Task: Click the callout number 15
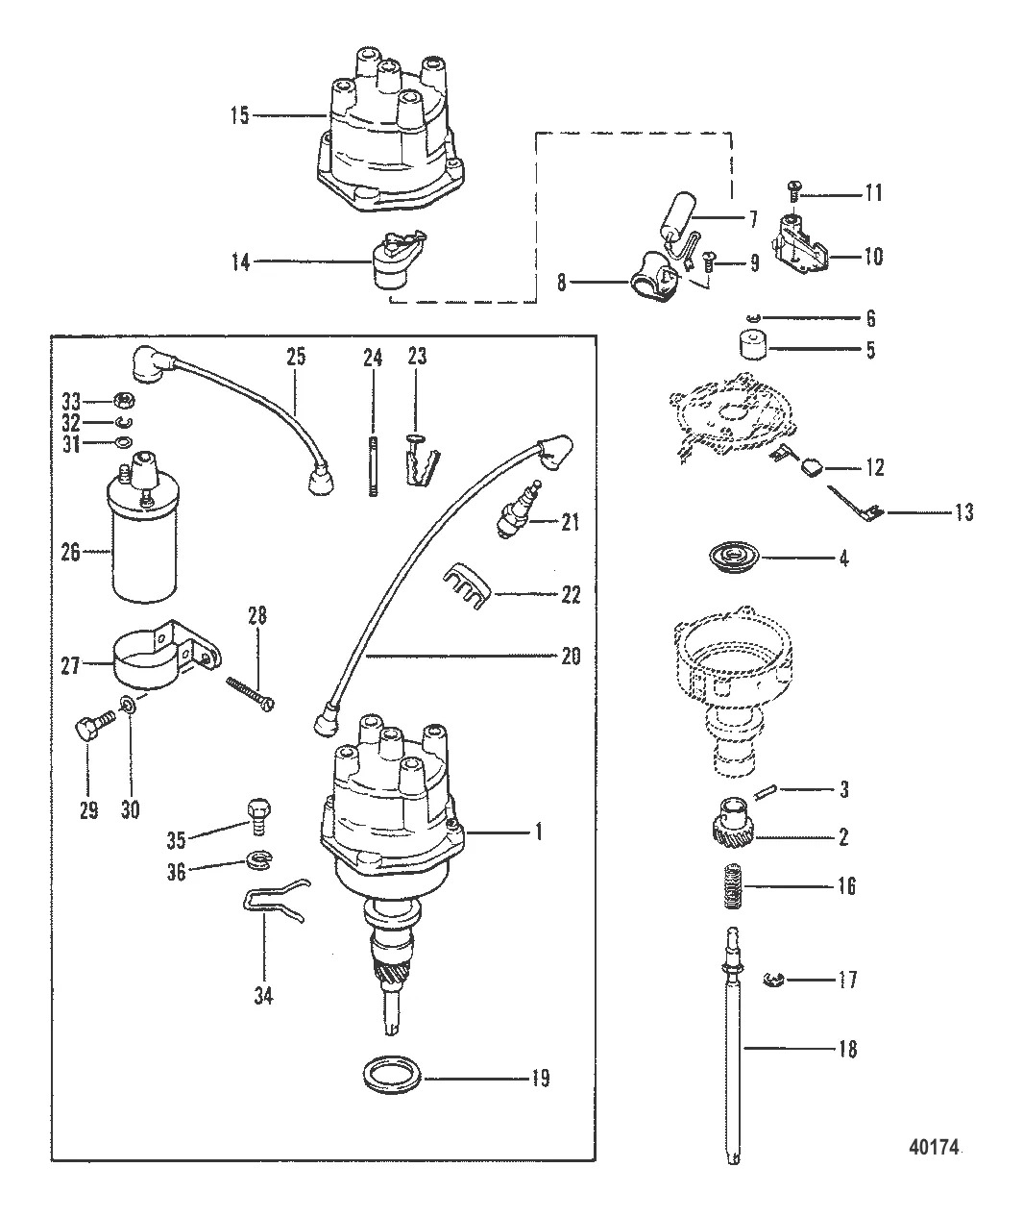click(x=239, y=115)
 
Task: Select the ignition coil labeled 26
click(x=143, y=528)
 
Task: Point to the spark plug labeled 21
click(x=518, y=509)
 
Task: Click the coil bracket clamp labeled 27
click(x=166, y=656)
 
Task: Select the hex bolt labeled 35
click(x=258, y=817)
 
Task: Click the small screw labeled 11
click(x=792, y=190)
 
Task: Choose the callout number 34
click(x=263, y=996)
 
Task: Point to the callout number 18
click(x=847, y=1049)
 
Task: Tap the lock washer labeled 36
click(x=259, y=860)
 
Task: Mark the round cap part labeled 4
click(x=734, y=559)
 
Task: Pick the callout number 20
click(x=571, y=657)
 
